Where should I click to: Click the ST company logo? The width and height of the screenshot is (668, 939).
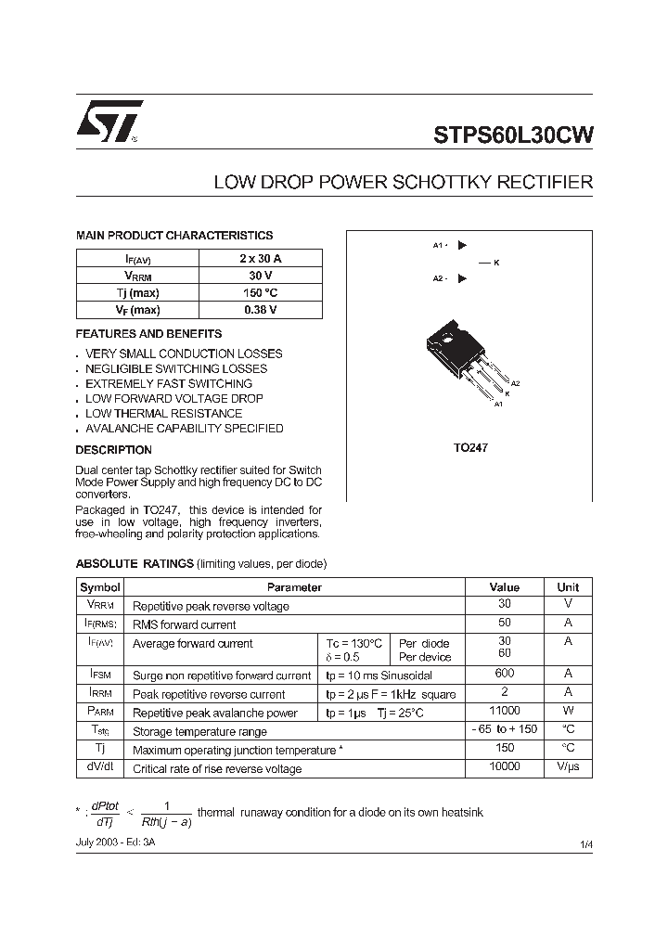click(109, 121)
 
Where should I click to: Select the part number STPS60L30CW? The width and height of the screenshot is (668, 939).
click(513, 134)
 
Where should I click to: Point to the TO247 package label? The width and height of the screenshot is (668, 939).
click(470, 447)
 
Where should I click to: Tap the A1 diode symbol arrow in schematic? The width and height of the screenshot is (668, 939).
click(462, 246)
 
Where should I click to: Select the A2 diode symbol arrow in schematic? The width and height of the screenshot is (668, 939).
click(462, 278)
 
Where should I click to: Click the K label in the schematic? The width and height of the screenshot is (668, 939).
click(496, 263)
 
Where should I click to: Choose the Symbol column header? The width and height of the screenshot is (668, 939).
click(100, 587)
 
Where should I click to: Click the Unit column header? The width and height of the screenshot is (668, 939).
click(568, 587)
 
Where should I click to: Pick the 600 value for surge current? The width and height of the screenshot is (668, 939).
click(505, 675)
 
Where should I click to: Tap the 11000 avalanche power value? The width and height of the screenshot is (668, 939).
click(505, 712)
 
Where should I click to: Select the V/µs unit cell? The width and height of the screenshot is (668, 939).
click(568, 767)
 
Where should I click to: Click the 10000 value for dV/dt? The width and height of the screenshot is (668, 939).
click(505, 767)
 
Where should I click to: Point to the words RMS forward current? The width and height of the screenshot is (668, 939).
click(185, 624)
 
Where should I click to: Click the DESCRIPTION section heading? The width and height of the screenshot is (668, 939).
click(113, 450)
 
